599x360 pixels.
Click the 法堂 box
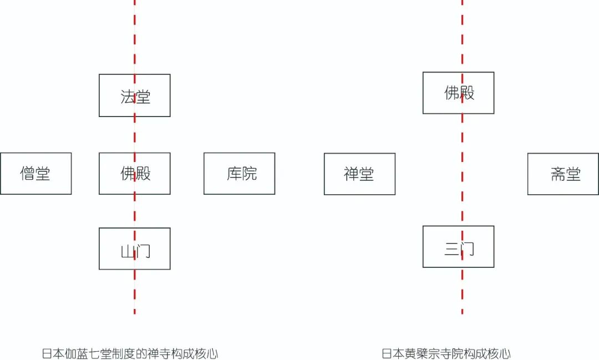click(x=134, y=95)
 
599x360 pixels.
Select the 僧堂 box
click(x=35, y=174)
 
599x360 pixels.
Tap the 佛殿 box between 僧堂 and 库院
click(x=134, y=174)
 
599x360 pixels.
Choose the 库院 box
click(x=239, y=174)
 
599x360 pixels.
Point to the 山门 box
click(x=134, y=249)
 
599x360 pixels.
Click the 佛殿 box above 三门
click(x=458, y=93)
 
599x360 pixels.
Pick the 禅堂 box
click(x=359, y=174)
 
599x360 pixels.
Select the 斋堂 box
click(x=563, y=174)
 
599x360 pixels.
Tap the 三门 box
click(x=458, y=247)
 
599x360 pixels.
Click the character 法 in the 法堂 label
click(x=128, y=97)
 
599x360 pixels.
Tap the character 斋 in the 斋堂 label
click(x=558, y=174)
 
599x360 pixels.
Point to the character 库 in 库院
click(x=234, y=174)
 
